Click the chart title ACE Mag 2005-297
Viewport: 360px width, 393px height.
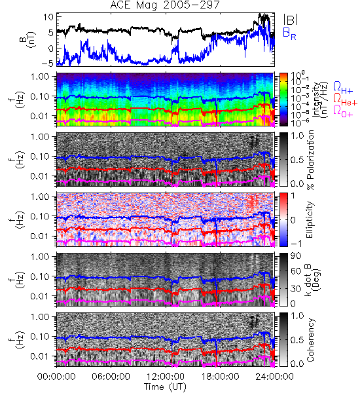point(164,5)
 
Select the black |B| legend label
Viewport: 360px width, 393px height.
point(291,19)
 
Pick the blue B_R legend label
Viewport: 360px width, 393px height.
point(290,34)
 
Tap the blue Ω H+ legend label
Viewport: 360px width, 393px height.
point(343,87)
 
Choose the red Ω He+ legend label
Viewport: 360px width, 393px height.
point(345,100)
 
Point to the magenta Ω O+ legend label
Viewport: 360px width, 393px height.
point(343,111)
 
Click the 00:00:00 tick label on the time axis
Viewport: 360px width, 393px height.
point(56,377)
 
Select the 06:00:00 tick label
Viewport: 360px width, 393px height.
point(111,377)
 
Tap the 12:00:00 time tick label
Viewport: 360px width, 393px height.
point(166,377)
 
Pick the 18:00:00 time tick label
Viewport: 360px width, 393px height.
point(220,377)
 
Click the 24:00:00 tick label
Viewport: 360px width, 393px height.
point(274,377)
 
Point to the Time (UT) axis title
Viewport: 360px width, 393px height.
point(166,386)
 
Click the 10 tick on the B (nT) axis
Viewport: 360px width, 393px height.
point(48,17)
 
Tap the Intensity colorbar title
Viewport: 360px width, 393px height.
point(321,100)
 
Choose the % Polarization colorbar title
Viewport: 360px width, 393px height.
point(311,160)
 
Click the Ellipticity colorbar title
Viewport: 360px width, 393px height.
point(310,219)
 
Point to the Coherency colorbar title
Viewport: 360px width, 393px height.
point(310,340)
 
